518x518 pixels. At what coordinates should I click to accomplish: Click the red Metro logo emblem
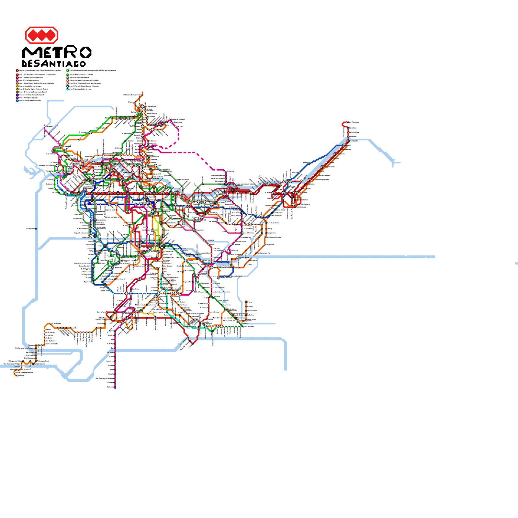click(41, 35)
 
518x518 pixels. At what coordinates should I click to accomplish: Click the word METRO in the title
click(57, 52)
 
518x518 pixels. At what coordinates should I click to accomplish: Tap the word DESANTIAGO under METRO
click(54, 63)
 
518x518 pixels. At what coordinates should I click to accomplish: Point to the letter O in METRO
click(85, 52)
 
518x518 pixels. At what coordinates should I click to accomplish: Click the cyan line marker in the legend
click(68, 89)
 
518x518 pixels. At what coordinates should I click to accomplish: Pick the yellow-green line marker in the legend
click(17, 86)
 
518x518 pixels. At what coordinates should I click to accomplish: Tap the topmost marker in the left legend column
click(17, 70)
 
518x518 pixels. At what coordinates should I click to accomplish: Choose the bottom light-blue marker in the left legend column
click(17, 101)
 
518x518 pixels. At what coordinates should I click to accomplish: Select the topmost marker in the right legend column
click(68, 70)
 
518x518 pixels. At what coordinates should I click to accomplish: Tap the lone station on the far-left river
click(36, 229)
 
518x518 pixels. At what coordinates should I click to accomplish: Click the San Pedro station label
click(245, 323)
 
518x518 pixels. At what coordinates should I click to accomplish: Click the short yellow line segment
click(149, 313)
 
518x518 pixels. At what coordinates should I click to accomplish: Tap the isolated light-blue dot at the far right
click(516, 263)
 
